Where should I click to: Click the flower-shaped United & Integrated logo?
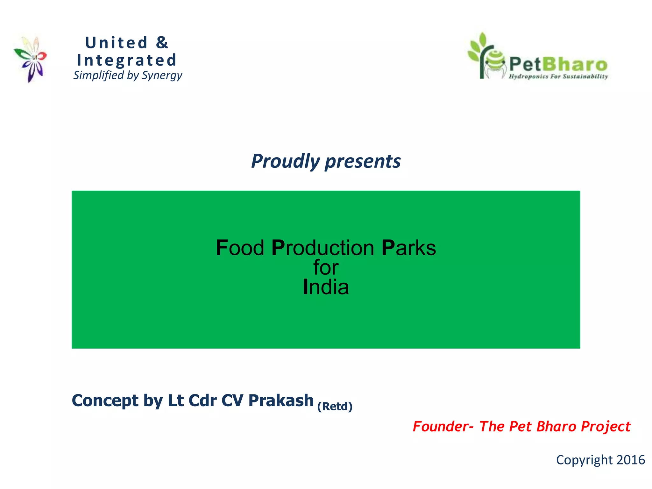coord(31,59)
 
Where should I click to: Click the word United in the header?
coord(117,43)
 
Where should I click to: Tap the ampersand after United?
coord(162,43)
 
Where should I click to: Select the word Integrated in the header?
coord(127,60)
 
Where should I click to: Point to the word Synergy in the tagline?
coord(162,76)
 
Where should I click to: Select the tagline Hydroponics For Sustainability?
coord(558,76)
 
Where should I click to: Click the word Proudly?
coord(285,161)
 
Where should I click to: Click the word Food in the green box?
coord(240,248)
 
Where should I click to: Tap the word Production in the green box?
coord(323,248)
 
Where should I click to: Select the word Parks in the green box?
coord(408,248)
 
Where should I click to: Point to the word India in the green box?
coord(326,287)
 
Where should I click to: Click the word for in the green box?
coord(326,267)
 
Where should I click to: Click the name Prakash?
coord(281,400)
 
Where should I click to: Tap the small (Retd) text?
coord(335,407)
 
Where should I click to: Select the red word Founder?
coord(440,427)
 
